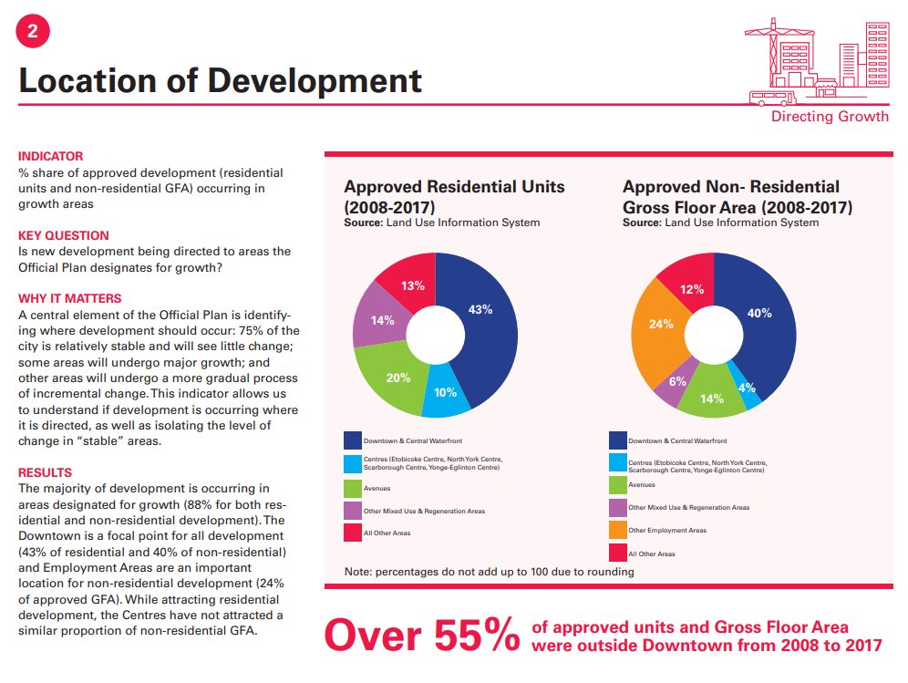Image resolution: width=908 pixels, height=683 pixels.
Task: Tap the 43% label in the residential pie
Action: pos(480,309)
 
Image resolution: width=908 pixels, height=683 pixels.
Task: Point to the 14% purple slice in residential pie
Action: pos(380,319)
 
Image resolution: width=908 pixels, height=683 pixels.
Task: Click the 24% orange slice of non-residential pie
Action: pos(661,325)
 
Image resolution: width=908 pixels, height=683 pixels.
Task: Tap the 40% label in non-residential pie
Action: pos(759,313)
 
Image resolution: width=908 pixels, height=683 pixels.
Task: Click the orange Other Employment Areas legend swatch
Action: pos(618,530)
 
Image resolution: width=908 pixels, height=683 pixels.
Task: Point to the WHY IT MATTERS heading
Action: pos(70,298)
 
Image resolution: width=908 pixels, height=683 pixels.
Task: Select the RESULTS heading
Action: pos(46,472)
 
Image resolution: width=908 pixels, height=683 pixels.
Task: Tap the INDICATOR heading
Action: pos(51,156)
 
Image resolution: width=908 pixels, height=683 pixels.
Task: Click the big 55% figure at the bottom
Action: pos(423,636)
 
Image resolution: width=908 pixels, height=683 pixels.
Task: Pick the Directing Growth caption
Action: pos(830,117)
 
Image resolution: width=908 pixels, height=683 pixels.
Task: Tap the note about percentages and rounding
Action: pos(489,572)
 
